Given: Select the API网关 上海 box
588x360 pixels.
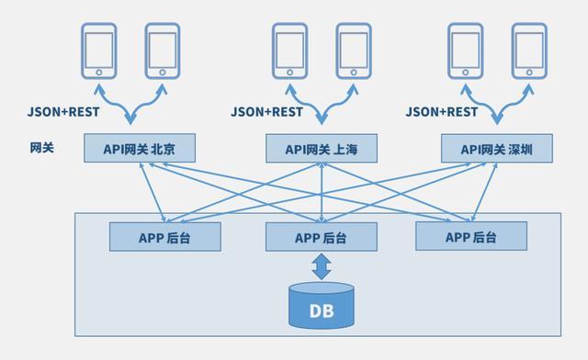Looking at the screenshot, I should (322, 149).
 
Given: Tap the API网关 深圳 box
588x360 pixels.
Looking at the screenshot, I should (496, 149).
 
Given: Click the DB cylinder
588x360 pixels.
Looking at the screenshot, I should (321, 306).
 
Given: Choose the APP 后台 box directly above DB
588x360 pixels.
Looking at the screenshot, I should (321, 237).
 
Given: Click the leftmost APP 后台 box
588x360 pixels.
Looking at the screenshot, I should (165, 237).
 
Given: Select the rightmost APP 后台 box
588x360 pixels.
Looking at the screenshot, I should (470, 237).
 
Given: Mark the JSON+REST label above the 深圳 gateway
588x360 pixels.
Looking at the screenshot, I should (442, 112).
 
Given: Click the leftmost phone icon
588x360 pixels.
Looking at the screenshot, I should (98, 51).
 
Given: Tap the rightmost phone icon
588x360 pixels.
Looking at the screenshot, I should (528, 51).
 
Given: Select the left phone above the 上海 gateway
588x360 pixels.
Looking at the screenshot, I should (289, 51).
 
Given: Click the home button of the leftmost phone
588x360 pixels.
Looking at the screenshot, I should (98, 71).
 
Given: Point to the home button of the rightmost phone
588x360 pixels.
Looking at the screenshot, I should (528, 71).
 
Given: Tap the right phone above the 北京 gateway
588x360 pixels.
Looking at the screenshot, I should (162, 51).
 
